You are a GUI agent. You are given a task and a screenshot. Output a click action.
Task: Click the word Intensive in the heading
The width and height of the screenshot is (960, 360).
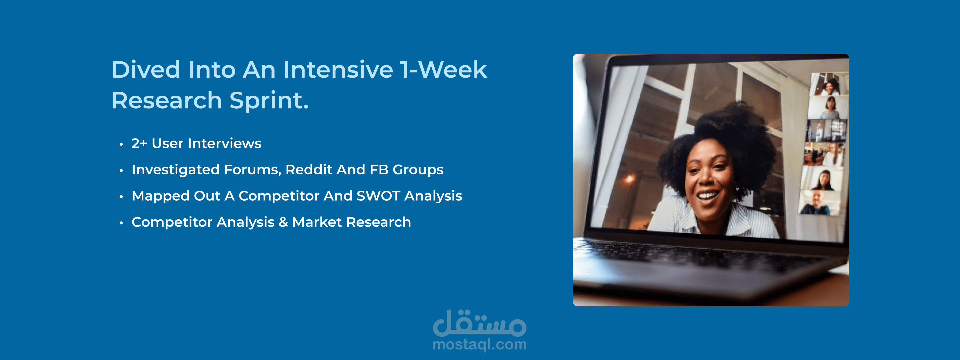[x=338, y=70]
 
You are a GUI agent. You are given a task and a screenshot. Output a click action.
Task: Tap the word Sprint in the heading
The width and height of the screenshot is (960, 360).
[x=269, y=101]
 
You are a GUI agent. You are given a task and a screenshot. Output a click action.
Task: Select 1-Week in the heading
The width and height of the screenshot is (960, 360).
[x=443, y=70]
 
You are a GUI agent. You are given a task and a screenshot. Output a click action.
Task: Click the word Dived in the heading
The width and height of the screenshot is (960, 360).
[x=146, y=70]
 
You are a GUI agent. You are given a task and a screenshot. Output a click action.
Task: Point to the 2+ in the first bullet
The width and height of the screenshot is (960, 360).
[x=139, y=143]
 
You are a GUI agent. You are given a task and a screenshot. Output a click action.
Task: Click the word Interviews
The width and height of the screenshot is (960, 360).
[x=225, y=143]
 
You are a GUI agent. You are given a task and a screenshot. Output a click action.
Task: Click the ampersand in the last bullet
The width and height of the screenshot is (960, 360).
[x=283, y=222]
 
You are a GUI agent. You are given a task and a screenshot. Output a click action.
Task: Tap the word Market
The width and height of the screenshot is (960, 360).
[x=317, y=222]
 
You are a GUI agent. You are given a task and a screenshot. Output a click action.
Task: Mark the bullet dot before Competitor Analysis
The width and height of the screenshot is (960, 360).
[x=121, y=223]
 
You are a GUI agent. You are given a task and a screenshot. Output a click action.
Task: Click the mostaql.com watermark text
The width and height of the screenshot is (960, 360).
[x=480, y=345]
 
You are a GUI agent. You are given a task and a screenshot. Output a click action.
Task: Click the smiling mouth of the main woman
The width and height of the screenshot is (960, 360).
[x=707, y=195]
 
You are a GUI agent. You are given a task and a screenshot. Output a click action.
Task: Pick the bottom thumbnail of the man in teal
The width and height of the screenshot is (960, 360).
[x=818, y=203]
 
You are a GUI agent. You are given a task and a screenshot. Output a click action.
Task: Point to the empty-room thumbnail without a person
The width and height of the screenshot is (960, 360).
[x=826, y=130]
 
